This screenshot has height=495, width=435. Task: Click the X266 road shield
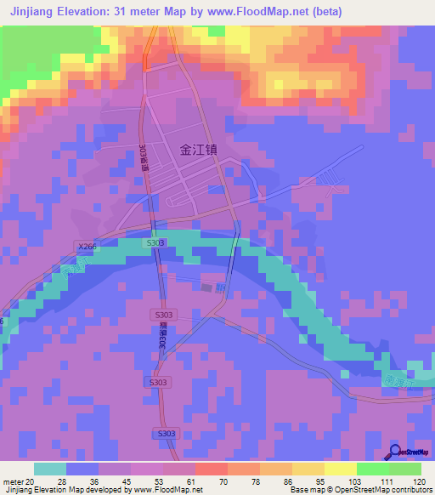pos(86,247)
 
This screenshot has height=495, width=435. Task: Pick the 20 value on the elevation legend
pos(32,481)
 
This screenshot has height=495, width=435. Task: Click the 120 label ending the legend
pos(418,481)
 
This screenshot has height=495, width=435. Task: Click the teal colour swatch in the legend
pos(50,469)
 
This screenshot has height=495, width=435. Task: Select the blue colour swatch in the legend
pos(82,469)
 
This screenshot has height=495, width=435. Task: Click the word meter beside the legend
pos(13,481)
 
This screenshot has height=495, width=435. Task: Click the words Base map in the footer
pos(307,490)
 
